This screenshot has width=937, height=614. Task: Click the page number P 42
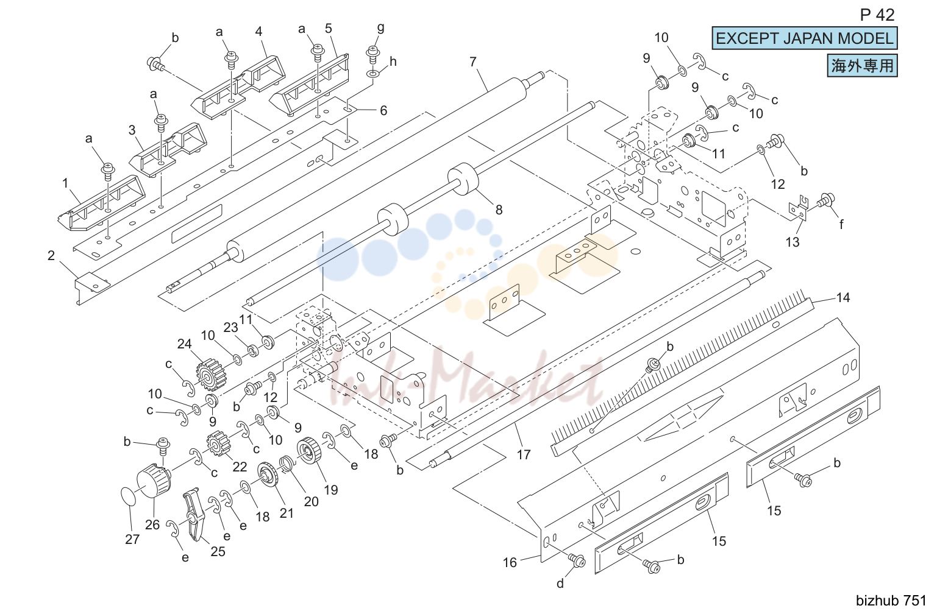[x=877, y=15]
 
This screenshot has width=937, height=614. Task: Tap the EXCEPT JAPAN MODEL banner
[x=804, y=38]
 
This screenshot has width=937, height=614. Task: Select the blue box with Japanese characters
[x=862, y=66]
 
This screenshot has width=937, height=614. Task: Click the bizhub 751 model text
[x=891, y=601]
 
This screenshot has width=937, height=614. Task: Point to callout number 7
[x=472, y=62]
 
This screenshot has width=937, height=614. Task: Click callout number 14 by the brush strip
[x=843, y=298]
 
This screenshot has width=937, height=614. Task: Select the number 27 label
[x=132, y=539]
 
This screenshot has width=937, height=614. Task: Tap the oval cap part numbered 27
[x=129, y=496]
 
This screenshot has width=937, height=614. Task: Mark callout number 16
[x=510, y=563]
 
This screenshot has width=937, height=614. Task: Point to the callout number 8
[x=499, y=210]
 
